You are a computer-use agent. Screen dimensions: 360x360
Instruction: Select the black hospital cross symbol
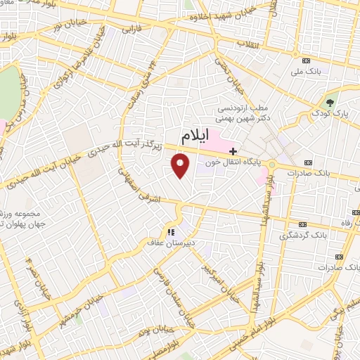(233, 150)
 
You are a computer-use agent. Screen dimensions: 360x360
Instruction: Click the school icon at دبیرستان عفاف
(169, 232)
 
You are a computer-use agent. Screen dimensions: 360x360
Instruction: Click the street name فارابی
(132, 30)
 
